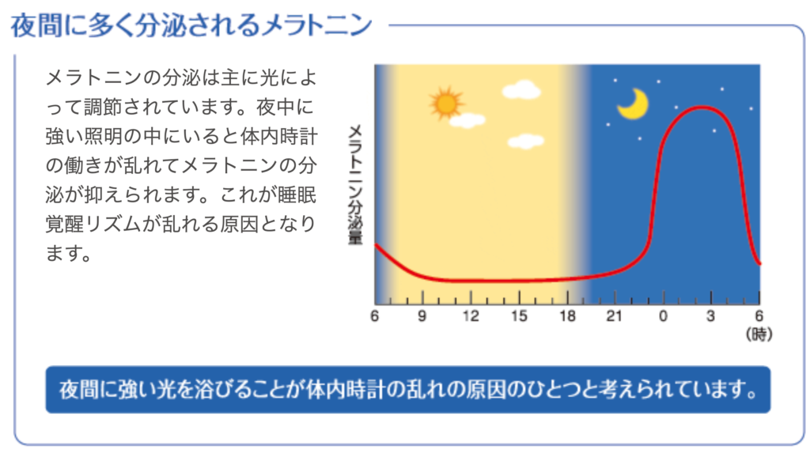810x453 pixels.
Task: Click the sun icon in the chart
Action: [x=446, y=104]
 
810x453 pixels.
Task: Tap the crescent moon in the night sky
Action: [x=634, y=104]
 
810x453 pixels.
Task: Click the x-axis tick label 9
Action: [x=422, y=315]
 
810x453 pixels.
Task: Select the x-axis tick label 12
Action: [x=471, y=315]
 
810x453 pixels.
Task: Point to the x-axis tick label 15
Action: [x=519, y=315]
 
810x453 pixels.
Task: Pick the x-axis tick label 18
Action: [x=567, y=315]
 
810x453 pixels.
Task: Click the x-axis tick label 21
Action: [x=614, y=315]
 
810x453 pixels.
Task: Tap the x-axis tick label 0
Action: [x=664, y=315]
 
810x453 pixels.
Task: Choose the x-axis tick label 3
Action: [x=711, y=315]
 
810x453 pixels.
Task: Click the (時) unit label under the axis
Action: [x=759, y=334]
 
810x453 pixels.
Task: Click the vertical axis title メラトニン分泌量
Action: [x=355, y=184]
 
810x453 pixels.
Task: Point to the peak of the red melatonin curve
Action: [x=702, y=108]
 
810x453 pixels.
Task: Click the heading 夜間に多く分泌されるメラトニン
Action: [x=191, y=25]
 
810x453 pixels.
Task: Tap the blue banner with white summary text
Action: [x=408, y=390]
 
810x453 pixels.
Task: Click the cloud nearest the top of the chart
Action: [x=521, y=89]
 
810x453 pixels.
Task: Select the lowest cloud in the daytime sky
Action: [x=525, y=141]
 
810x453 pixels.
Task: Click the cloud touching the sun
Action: [x=467, y=120]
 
